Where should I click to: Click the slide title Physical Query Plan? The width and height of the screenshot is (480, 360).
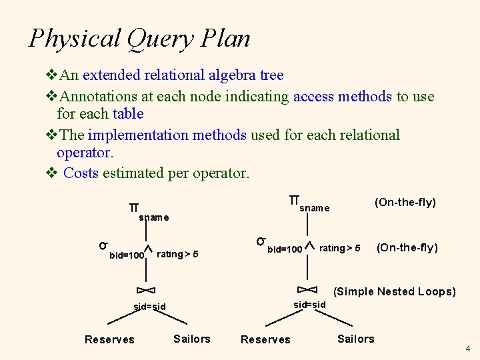[x=140, y=38]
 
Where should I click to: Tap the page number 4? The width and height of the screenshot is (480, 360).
[x=468, y=349]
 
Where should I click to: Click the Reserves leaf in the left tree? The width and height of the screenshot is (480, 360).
[x=109, y=340]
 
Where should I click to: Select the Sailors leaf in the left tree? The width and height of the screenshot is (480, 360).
[x=192, y=339]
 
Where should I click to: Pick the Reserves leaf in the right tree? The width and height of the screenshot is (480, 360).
[x=265, y=340]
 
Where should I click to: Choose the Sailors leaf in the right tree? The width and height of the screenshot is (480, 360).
[x=356, y=339]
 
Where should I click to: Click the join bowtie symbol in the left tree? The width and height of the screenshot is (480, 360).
[x=145, y=290]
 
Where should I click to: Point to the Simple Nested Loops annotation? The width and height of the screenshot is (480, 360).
[x=395, y=291]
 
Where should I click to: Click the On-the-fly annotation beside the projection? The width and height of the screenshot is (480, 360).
[x=405, y=202]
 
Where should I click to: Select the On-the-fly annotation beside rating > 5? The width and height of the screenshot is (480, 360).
[x=407, y=248]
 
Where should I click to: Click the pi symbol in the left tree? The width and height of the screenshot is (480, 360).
[x=133, y=207]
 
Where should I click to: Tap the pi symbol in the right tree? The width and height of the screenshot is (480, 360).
[x=294, y=200]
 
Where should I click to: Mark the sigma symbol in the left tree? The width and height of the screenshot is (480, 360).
[x=104, y=244]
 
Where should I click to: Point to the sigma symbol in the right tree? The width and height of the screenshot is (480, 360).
[x=262, y=241]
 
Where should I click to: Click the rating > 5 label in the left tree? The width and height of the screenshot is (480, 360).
[x=177, y=254]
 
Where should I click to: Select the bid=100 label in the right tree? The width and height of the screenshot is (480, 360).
[x=285, y=250]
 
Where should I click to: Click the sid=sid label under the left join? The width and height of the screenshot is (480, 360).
[x=149, y=307]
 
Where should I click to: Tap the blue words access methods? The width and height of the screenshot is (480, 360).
[x=343, y=96]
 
